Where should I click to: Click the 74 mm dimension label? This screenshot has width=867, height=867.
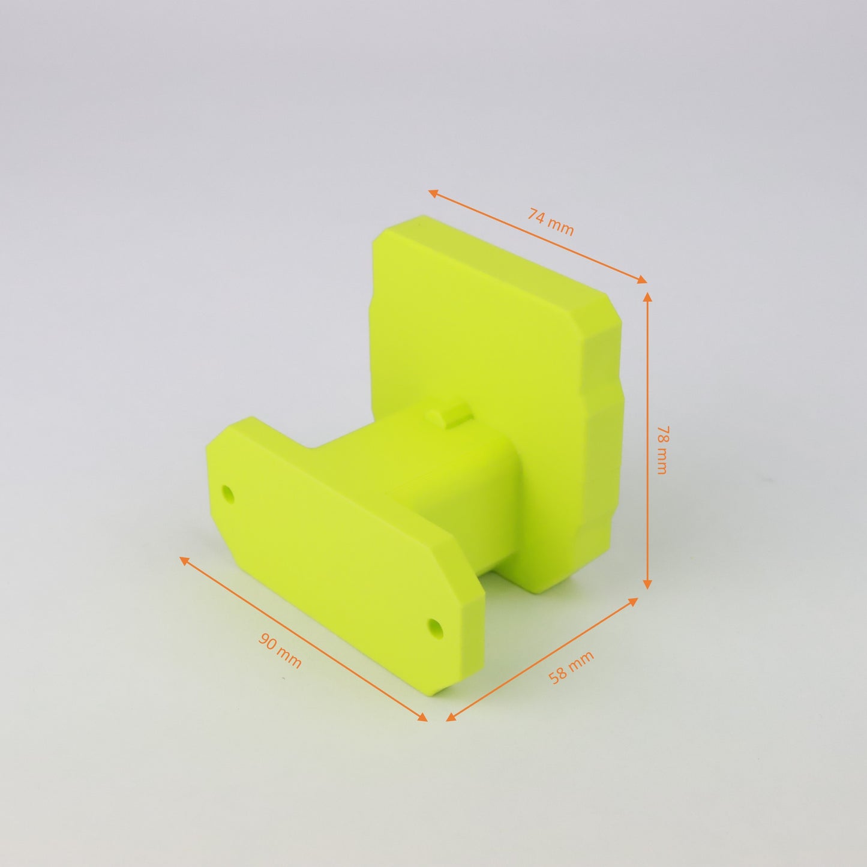tap(550, 222)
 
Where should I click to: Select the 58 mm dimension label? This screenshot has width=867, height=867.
tap(571, 667)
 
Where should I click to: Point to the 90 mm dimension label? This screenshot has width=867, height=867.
tap(280, 650)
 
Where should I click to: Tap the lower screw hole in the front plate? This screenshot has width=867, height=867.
tap(436, 628)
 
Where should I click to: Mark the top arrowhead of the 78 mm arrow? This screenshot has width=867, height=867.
tap(647, 297)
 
